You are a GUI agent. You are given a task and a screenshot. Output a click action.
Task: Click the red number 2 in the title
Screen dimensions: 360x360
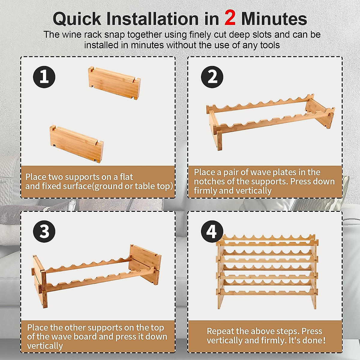(x=230, y=18)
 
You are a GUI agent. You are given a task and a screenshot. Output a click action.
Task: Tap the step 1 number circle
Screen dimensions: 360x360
(x=44, y=77)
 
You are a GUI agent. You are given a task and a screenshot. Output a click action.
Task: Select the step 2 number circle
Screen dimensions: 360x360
(x=212, y=77)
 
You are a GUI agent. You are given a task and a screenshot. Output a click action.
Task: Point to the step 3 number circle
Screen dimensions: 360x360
(x=44, y=231)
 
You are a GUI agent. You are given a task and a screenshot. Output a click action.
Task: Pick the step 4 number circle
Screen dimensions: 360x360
(x=212, y=231)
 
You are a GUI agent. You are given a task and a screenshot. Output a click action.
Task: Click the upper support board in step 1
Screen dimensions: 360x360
(x=114, y=83)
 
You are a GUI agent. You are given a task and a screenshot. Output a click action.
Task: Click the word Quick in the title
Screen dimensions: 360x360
(x=77, y=19)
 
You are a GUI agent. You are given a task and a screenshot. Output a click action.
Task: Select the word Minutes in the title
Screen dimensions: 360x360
(x=274, y=19)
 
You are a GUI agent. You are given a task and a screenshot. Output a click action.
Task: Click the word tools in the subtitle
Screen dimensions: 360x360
(x=270, y=45)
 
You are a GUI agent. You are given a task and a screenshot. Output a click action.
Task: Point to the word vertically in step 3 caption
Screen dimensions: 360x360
(x=45, y=346)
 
